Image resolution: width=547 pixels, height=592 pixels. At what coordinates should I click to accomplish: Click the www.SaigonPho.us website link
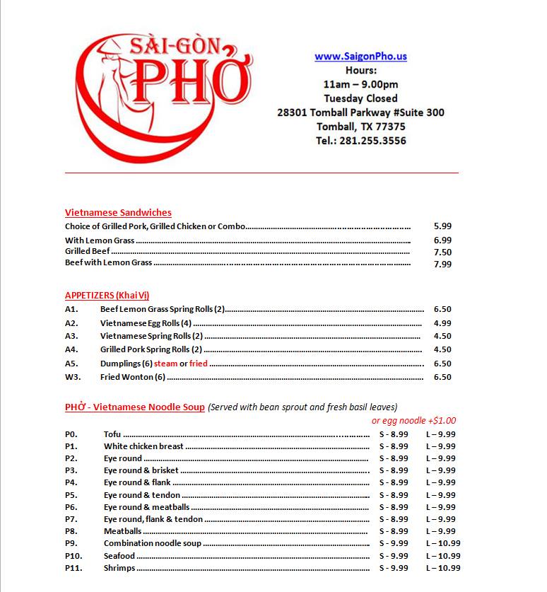pyautogui.click(x=360, y=57)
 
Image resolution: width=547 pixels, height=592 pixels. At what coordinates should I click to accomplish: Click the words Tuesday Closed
pyautogui.click(x=360, y=98)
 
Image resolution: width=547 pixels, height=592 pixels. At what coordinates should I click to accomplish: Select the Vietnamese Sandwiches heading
pyautogui.click(x=118, y=212)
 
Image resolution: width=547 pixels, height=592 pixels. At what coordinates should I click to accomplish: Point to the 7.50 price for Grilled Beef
pyautogui.click(x=442, y=252)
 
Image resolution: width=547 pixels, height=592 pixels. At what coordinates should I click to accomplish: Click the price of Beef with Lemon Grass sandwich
pyautogui.click(x=442, y=264)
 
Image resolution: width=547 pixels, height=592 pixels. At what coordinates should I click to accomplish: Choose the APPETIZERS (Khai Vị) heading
pyautogui.click(x=107, y=295)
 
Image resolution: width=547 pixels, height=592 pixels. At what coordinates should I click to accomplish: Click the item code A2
pyautogui.click(x=71, y=323)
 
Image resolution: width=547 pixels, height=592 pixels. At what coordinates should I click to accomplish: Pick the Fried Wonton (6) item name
pyautogui.click(x=132, y=377)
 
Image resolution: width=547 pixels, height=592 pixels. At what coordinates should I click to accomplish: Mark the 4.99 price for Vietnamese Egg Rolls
pyautogui.click(x=442, y=323)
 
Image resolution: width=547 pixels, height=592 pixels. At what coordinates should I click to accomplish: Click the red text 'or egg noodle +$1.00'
pyautogui.click(x=413, y=420)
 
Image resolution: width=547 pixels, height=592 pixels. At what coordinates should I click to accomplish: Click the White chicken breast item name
pyautogui.click(x=143, y=446)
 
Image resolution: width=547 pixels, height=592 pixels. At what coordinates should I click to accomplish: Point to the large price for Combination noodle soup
pyautogui.click(x=443, y=543)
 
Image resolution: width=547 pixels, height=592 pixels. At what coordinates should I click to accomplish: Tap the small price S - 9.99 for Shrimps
pyautogui.click(x=394, y=568)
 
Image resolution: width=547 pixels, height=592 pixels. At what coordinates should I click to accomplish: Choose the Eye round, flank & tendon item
pyautogui.click(x=153, y=519)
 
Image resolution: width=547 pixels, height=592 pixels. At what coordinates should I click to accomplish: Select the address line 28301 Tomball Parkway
pyautogui.click(x=360, y=112)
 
